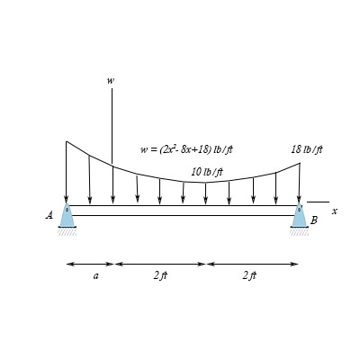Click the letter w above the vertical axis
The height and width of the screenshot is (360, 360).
point(111,81)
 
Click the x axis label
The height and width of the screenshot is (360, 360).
point(335,211)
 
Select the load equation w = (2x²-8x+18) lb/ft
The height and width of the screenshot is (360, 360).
point(186,149)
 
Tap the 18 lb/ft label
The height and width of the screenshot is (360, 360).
point(307,149)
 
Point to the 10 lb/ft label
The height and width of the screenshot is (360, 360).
point(207,172)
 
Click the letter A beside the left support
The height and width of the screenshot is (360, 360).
point(49,215)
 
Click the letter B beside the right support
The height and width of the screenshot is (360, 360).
point(314,220)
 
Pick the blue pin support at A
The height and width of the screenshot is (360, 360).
point(67,215)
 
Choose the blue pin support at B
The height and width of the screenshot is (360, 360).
point(299,215)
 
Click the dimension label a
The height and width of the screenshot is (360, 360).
point(95,275)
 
